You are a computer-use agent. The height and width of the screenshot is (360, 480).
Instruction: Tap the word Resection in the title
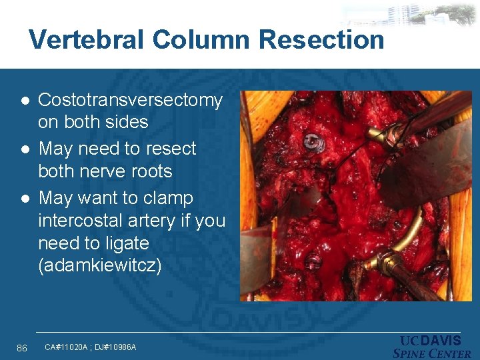(x=321, y=40)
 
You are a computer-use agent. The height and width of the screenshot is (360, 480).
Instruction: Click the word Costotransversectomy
(x=130, y=101)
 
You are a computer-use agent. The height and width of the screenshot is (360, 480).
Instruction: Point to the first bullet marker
(x=25, y=101)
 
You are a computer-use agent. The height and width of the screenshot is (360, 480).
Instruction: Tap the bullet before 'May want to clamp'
(x=25, y=199)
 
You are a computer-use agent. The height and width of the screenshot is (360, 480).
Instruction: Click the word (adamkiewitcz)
(x=100, y=266)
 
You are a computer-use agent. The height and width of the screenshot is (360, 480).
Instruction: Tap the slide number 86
(x=22, y=347)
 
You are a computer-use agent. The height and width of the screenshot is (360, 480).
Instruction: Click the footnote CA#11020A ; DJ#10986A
(x=90, y=347)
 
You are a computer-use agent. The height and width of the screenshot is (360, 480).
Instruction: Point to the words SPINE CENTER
(x=432, y=354)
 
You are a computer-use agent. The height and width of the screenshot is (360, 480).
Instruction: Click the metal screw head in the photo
(x=311, y=141)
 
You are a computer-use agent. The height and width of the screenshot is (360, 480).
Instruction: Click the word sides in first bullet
(x=127, y=123)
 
